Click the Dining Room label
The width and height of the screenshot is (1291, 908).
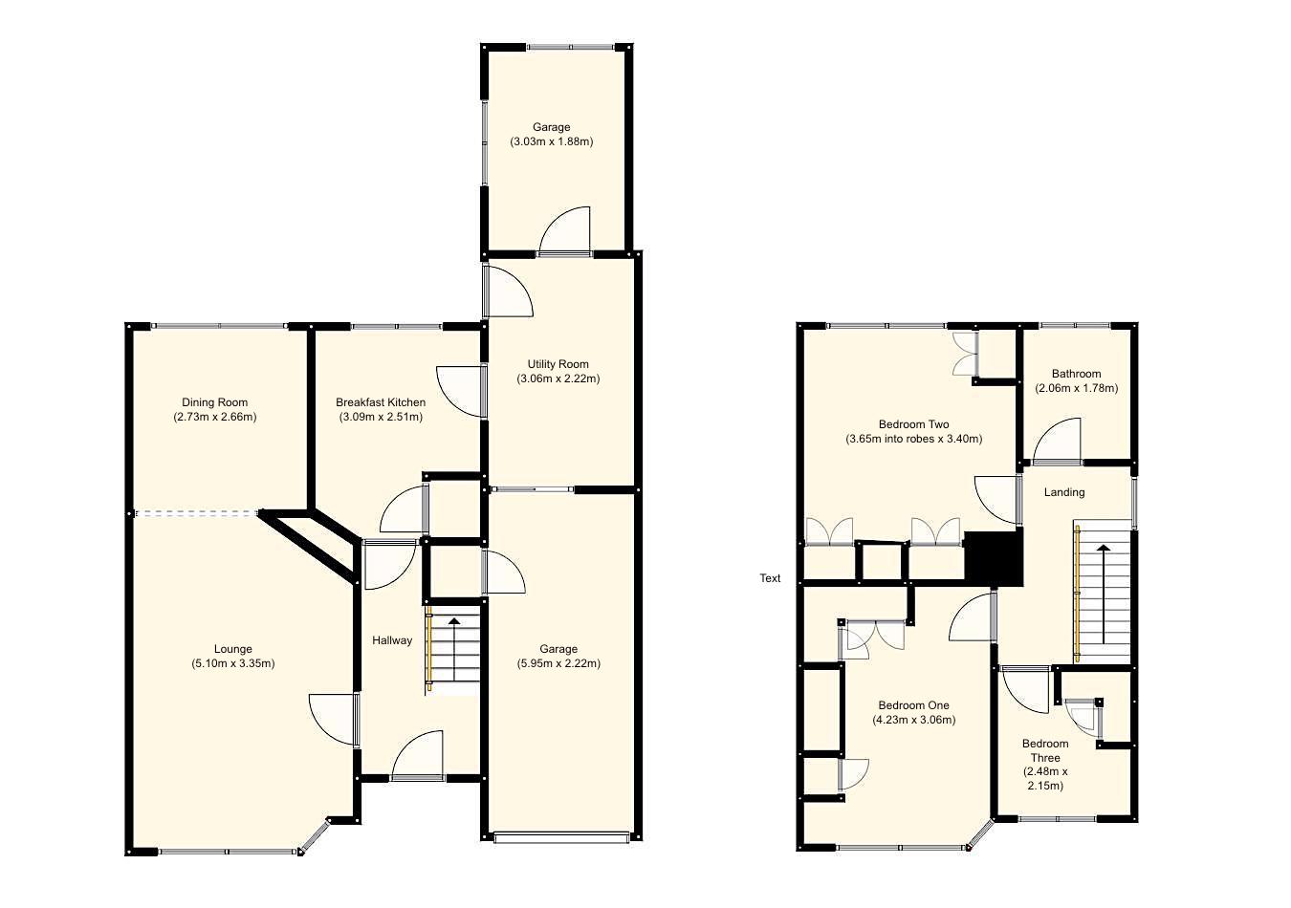[214, 402]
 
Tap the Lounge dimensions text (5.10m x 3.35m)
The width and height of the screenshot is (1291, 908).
[232, 663]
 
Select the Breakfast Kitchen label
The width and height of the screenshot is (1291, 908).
[380, 402]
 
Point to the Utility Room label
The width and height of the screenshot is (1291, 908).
[558, 364]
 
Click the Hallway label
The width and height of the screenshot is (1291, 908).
[391, 640]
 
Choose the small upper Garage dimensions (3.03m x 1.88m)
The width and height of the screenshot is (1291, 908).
[551, 141]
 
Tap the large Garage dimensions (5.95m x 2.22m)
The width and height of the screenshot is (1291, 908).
[558, 663]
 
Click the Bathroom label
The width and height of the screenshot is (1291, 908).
[1076, 374]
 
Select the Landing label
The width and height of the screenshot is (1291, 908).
[1063, 492]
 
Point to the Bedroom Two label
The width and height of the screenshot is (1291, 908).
[913, 424]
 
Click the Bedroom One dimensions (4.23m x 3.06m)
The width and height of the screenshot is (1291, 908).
[913, 720]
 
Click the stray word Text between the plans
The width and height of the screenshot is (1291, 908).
[770, 578]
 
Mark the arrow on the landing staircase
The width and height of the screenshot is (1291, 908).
[1104, 593]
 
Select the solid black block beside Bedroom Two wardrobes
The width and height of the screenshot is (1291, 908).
[993, 556]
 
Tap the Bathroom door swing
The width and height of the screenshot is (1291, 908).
[1058, 442]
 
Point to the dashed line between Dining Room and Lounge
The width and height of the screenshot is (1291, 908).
[197, 513]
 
